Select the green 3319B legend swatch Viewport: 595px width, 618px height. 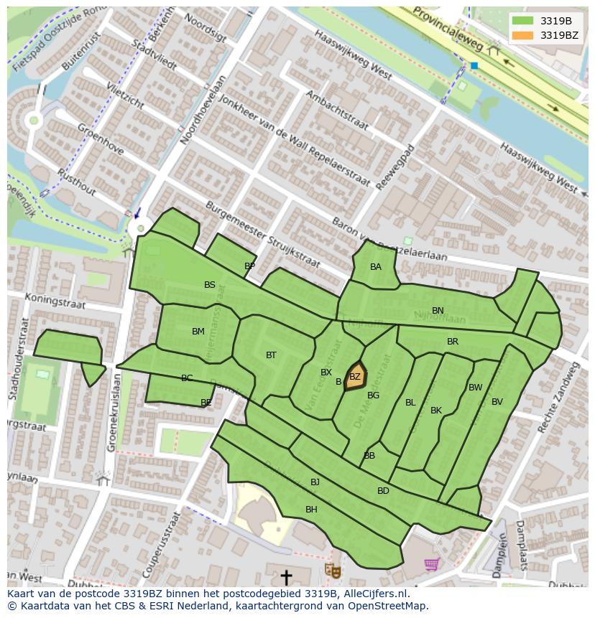522,20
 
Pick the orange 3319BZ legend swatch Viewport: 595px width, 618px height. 522,34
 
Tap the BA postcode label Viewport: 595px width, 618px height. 376,267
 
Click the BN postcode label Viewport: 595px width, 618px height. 438,311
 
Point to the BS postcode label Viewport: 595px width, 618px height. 210,285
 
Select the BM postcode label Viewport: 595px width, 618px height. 198,332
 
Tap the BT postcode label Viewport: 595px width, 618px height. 271,355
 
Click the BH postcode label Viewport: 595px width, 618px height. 311,510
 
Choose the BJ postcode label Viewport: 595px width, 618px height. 315,482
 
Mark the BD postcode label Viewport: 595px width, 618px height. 383,491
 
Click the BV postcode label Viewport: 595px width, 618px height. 497,402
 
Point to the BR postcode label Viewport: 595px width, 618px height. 453,342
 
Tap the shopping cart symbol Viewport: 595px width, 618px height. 431,565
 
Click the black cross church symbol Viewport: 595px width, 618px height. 286,576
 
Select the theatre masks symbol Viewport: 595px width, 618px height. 332,571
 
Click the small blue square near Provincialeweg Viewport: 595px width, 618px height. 474,65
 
